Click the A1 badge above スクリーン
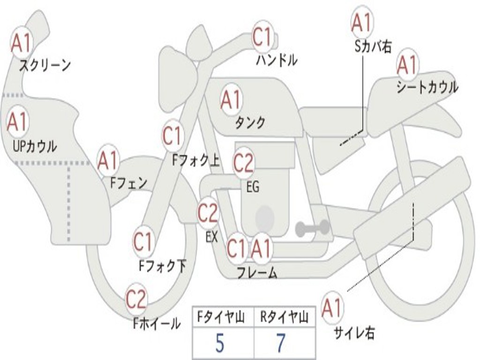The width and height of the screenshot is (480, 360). click(22, 43)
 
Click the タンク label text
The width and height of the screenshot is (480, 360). click(250, 123)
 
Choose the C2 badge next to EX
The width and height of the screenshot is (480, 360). click(208, 213)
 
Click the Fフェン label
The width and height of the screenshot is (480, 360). click(129, 182)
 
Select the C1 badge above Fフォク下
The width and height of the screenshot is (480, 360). click(143, 242)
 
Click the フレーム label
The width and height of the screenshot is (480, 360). click(257, 272)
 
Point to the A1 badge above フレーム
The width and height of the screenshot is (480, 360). click(261, 248)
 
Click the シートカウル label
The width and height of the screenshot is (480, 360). click(427, 88)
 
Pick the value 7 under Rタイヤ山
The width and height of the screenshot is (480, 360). click(280, 344)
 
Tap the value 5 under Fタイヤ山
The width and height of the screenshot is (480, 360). click(220, 344)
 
